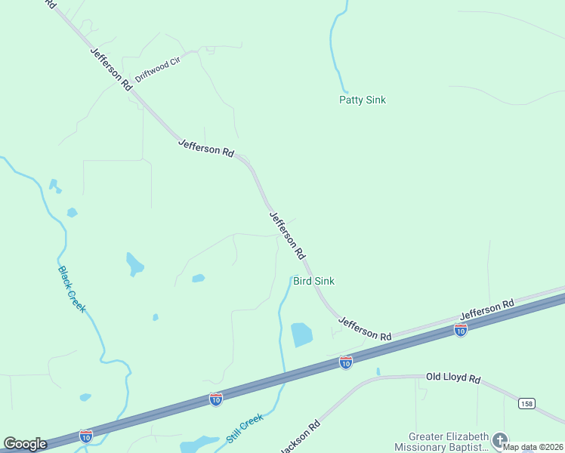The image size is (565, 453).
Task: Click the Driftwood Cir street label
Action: tap(158, 70)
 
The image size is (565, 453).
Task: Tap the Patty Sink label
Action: tap(363, 100)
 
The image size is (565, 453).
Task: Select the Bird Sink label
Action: tap(313, 281)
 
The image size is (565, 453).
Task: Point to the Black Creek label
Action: tap(72, 288)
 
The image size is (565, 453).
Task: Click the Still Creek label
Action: tap(244, 428)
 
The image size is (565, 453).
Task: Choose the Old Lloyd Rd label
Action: tap(453, 377)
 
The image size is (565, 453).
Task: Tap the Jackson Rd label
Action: tap(301, 436)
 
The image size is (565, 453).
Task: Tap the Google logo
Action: tap(25, 444)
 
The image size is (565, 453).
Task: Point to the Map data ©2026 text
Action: tap(533, 447)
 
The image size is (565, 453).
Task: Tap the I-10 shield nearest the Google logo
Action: tap(86, 436)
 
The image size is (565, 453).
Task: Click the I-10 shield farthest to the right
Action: tap(460, 329)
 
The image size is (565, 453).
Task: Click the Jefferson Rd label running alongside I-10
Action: tap(487, 308)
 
